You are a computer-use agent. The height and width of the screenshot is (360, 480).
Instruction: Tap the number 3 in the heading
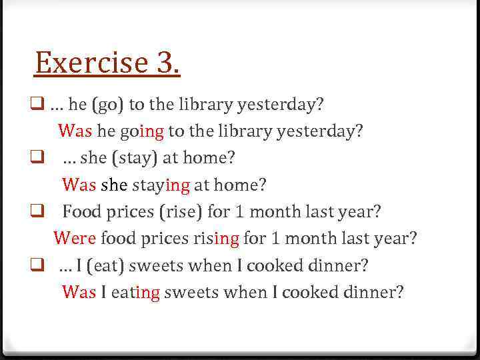point(168,63)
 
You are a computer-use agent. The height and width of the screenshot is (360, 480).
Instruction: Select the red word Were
point(75,237)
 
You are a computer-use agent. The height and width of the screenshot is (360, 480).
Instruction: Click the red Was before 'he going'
point(75,131)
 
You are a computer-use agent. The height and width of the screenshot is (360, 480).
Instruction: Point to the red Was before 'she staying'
point(79,185)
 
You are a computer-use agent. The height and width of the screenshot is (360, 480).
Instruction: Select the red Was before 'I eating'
point(79,292)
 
